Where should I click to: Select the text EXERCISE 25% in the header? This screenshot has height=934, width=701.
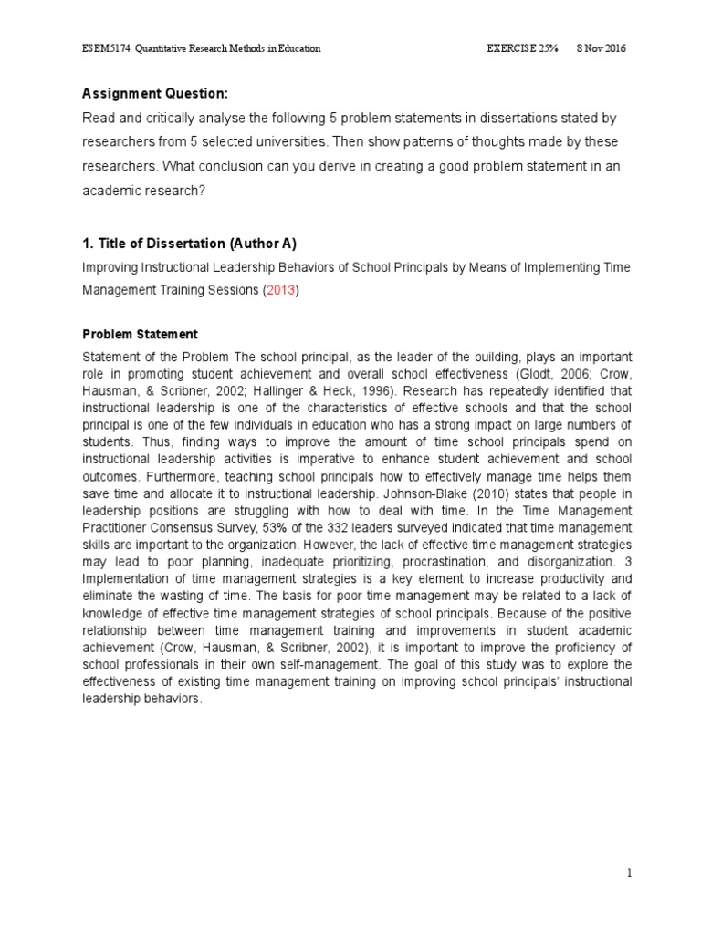[x=521, y=48]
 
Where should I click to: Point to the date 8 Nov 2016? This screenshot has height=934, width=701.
[x=601, y=48]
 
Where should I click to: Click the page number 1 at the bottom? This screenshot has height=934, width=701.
[x=629, y=874]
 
